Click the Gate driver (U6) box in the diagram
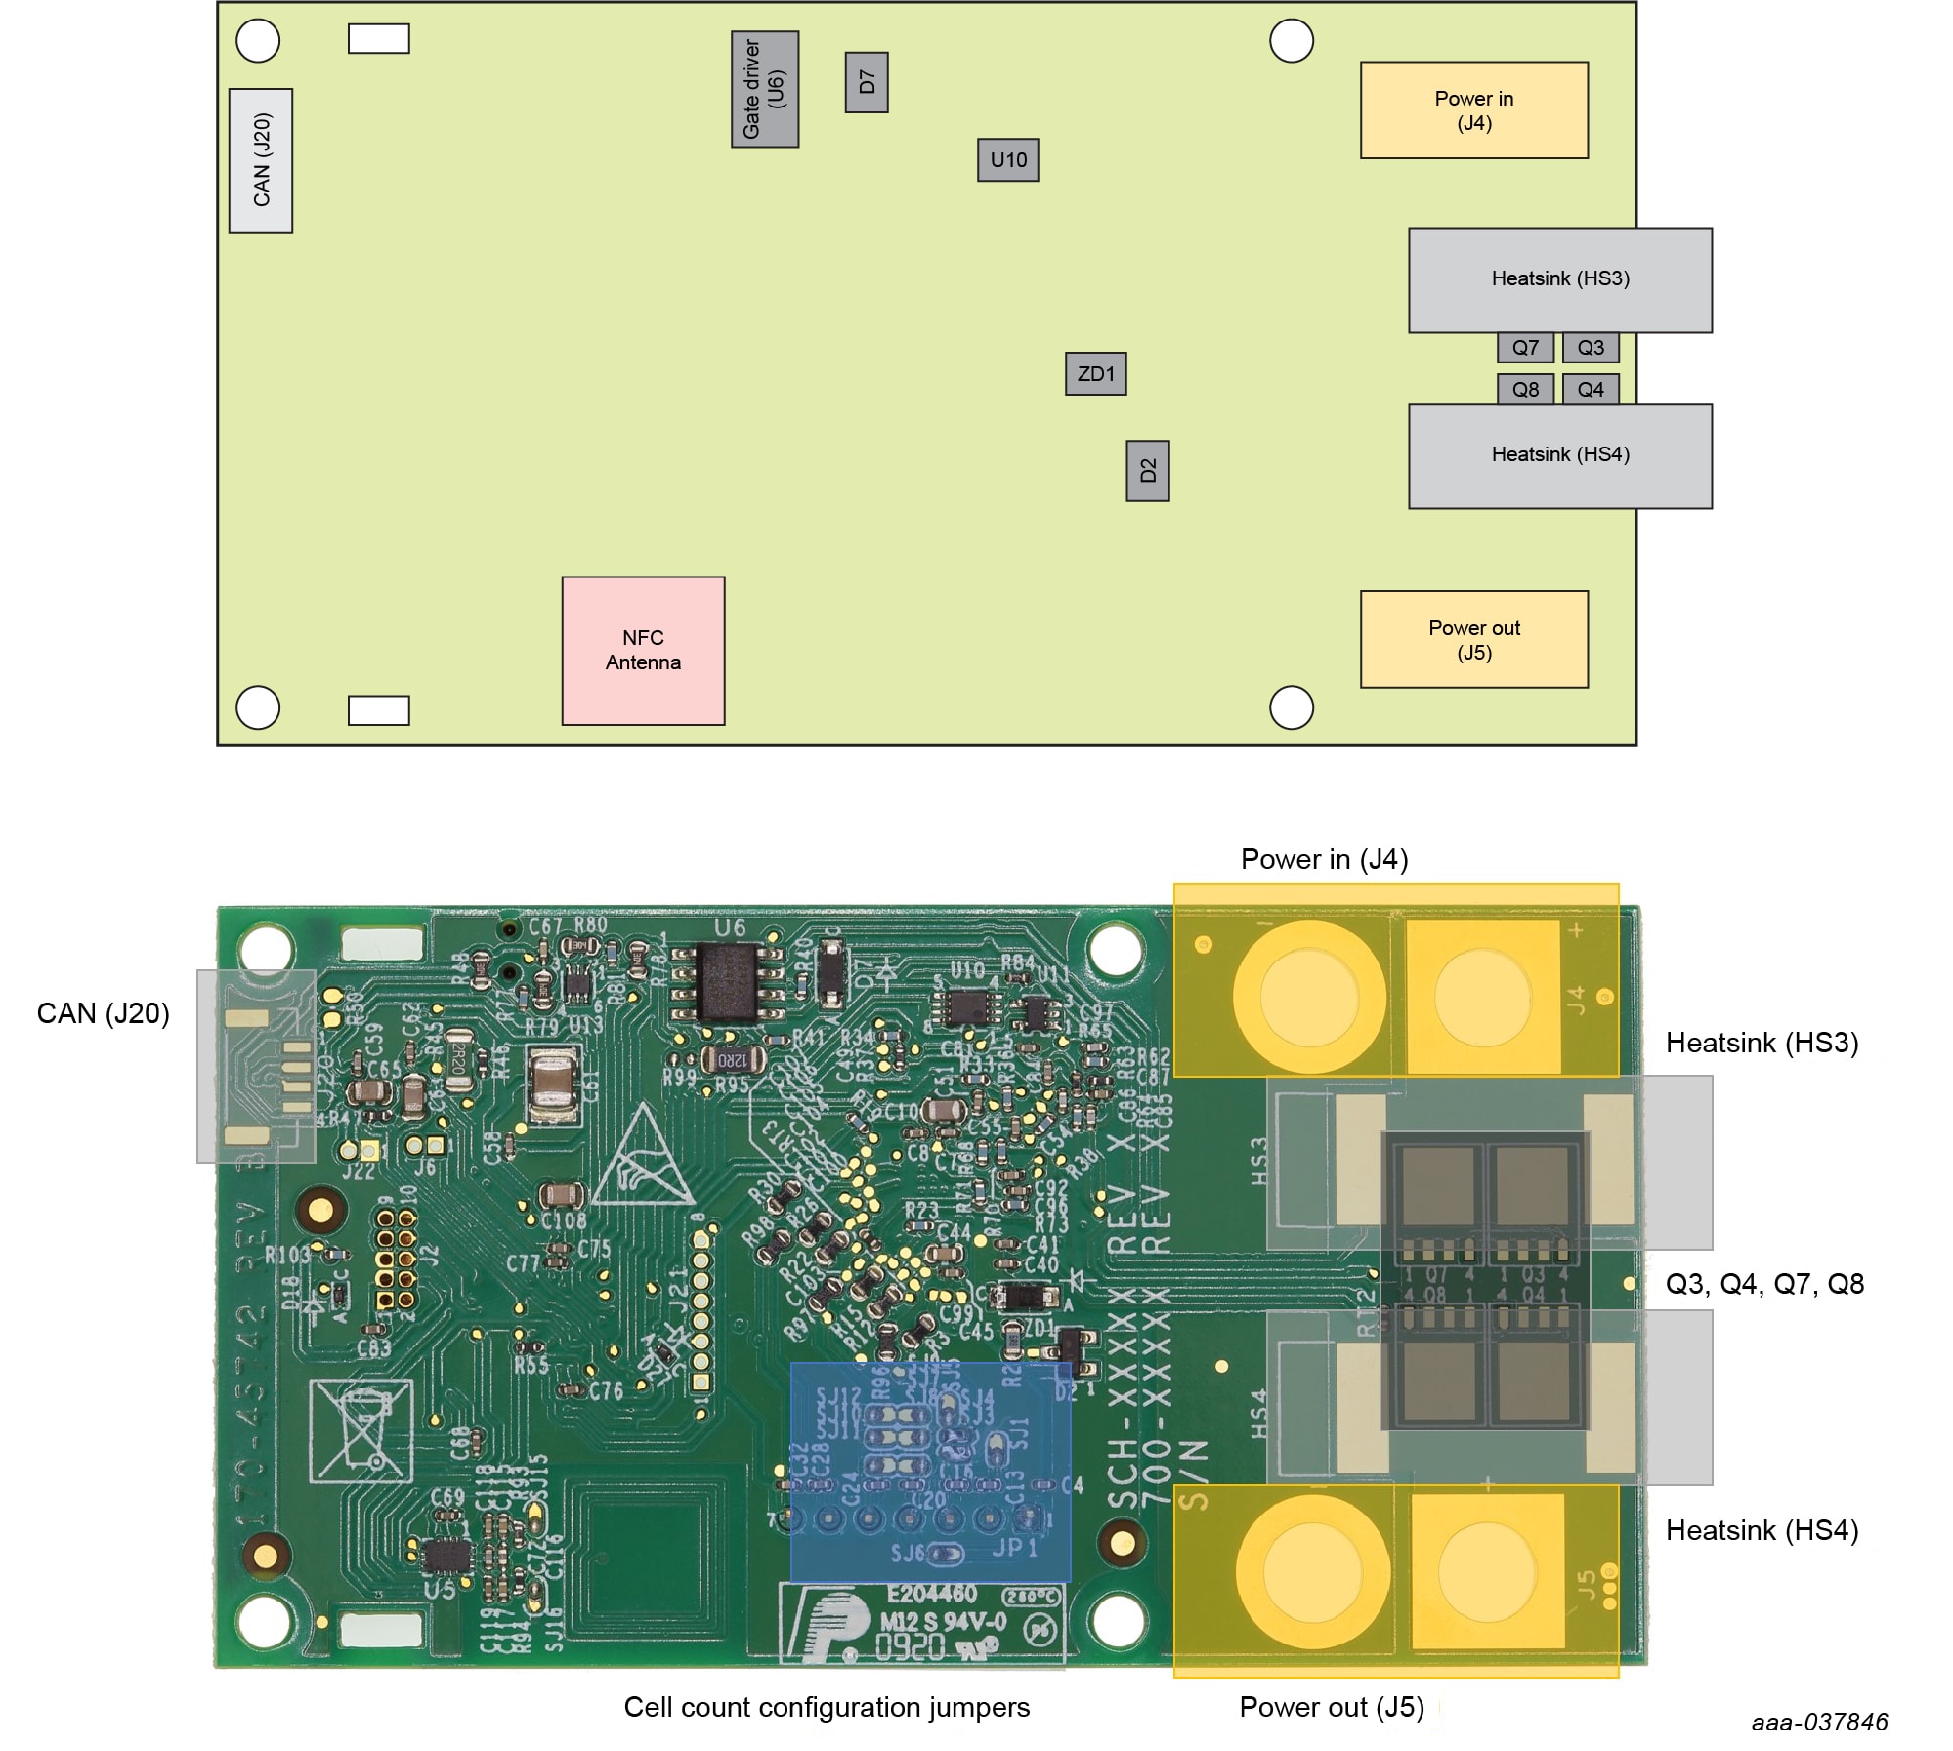click(x=764, y=89)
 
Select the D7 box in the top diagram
click(x=866, y=82)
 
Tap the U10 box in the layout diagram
click(x=1007, y=159)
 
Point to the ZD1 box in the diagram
click(x=1095, y=373)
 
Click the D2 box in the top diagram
click(x=1147, y=471)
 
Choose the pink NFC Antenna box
click(x=643, y=650)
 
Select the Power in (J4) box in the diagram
click(x=1473, y=110)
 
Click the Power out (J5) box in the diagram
click(x=1473, y=639)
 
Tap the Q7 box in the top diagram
click(x=1525, y=347)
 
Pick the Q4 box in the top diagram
click(x=1590, y=389)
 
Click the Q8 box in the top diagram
click(x=1525, y=389)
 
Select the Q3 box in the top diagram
click(x=1590, y=347)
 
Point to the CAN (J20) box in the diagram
click(x=261, y=160)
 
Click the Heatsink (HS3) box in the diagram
click(x=1559, y=279)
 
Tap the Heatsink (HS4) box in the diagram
click(x=1559, y=455)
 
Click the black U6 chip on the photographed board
click(x=730, y=981)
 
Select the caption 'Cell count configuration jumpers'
click(x=827, y=1706)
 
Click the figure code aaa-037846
click(x=1819, y=1721)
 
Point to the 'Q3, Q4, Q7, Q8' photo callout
click(x=1764, y=1283)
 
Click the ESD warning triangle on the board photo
click(x=642, y=1159)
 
